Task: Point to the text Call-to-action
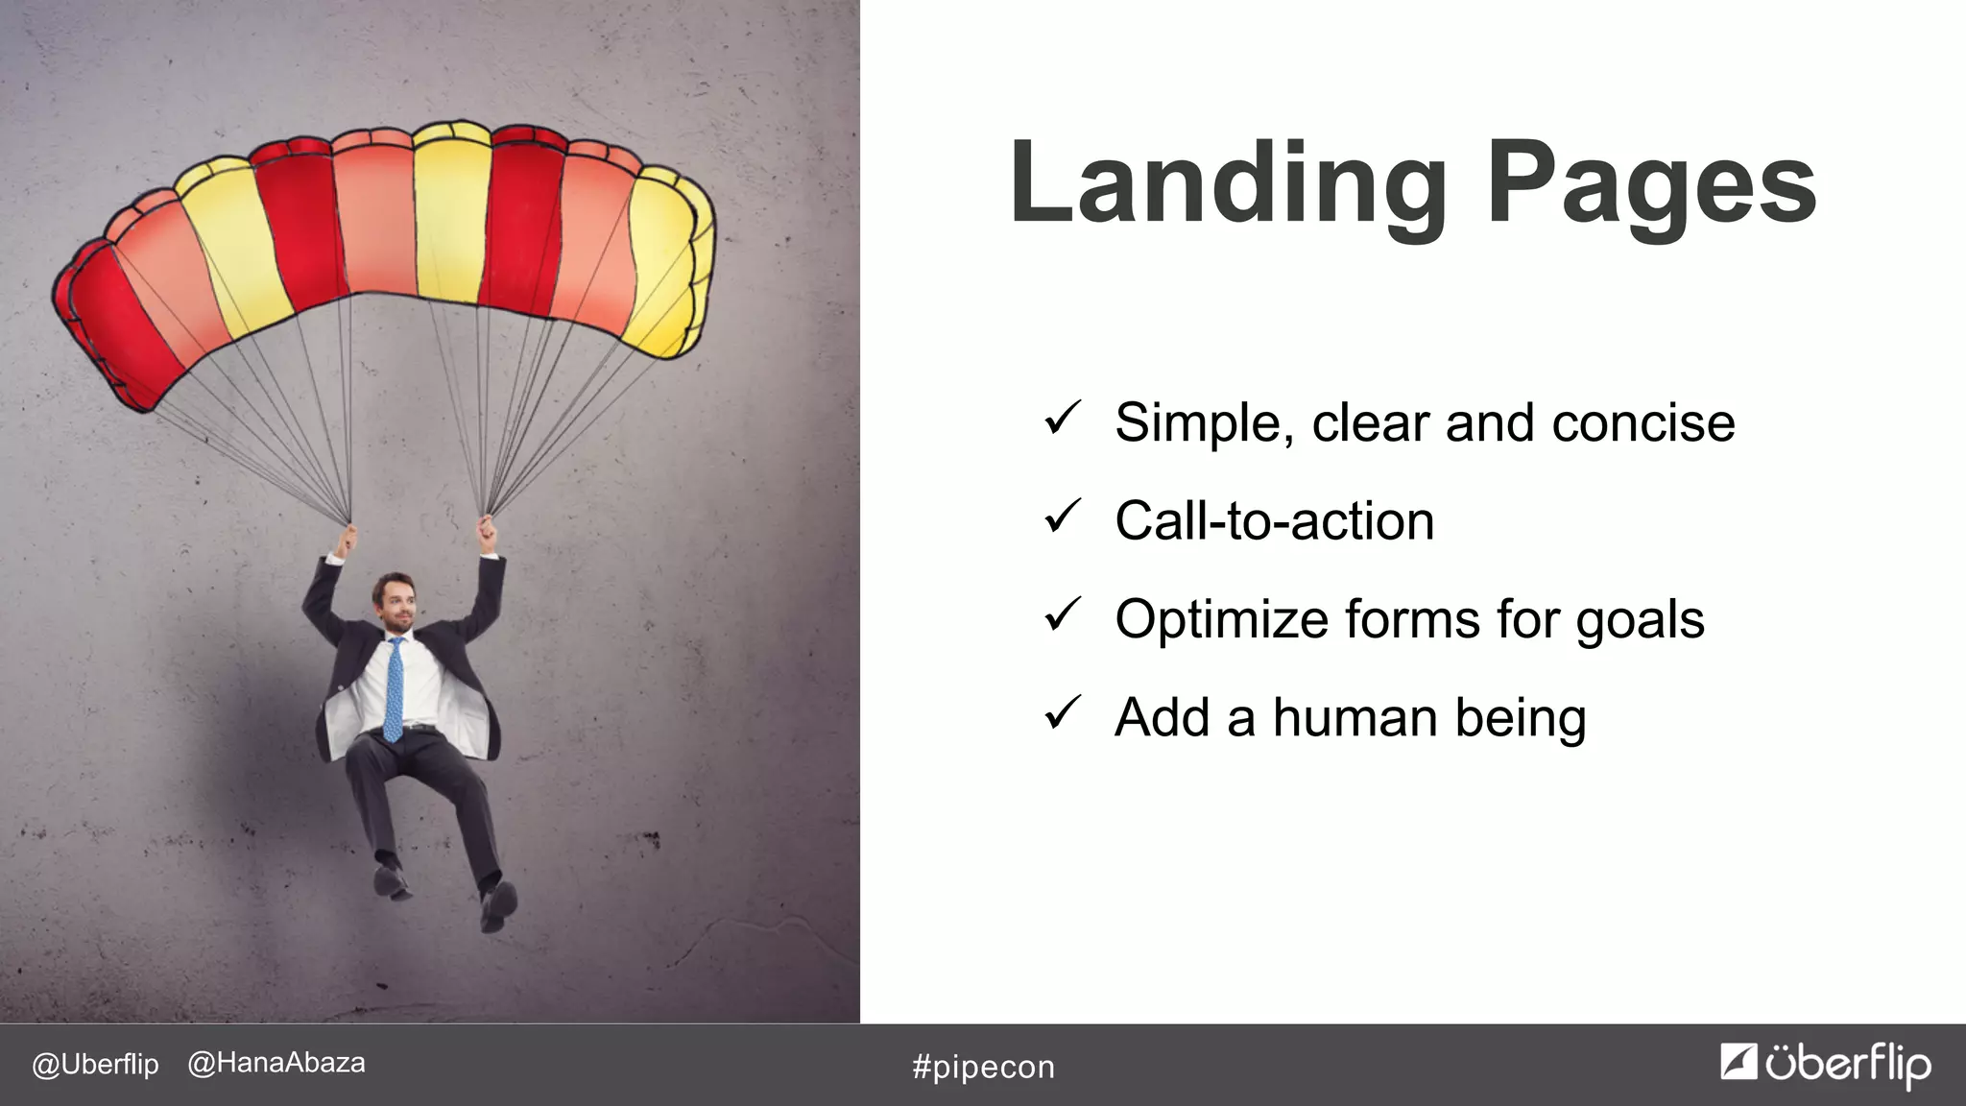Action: (x=1274, y=521)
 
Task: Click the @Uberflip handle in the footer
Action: (x=95, y=1064)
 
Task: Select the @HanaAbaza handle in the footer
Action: (x=276, y=1063)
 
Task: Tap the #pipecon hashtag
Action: (x=983, y=1067)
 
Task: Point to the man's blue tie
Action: (x=394, y=689)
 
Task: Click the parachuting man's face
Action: (x=396, y=603)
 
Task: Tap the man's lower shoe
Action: (x=498, y=905)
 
